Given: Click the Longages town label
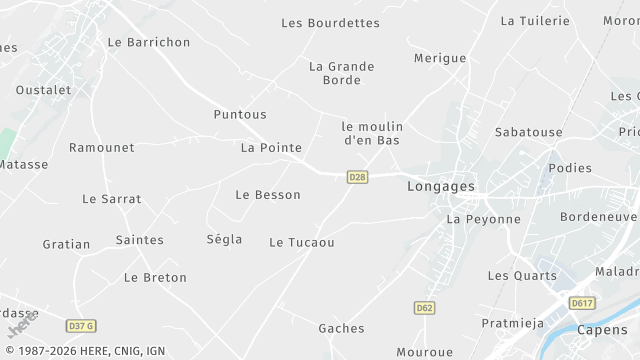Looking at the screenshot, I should coord(441,186).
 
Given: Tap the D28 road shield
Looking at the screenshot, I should coord(357,177).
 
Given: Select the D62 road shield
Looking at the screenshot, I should coord(424,308).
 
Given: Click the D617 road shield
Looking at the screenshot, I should coord(582,303).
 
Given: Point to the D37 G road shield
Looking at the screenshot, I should coord(81,326).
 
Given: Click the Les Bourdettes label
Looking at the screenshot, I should coord(330,23).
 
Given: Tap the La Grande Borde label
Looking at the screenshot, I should coord(342,73).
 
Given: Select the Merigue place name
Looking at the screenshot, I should coord(440,58).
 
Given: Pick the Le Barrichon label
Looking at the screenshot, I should coord(148,42).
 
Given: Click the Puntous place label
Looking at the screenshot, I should coord(240,114).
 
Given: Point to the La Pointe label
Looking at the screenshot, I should coord(271,147).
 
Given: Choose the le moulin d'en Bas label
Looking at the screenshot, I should coord(372,133).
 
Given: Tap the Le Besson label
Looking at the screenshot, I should coord(268,194).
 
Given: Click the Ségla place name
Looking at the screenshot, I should coord(224,239).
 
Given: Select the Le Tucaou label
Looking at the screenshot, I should coord(301,242).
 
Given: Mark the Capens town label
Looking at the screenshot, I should coord(603,331).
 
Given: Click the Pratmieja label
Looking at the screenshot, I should coord(512,322).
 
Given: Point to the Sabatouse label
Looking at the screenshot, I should coord(528,132).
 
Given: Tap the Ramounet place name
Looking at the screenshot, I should coord(101,147).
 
